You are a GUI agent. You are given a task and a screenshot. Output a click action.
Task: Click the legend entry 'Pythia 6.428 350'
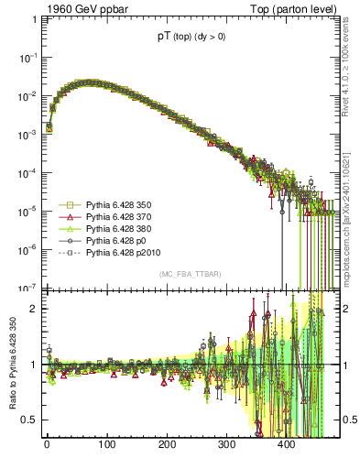(x=119, y=204)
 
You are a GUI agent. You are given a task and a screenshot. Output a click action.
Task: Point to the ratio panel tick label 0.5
(x=28, y=420)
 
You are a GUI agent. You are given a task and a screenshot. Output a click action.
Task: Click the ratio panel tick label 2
(x=33, y=308)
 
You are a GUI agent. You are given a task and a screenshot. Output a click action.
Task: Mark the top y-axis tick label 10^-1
(x=27, y=57)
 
